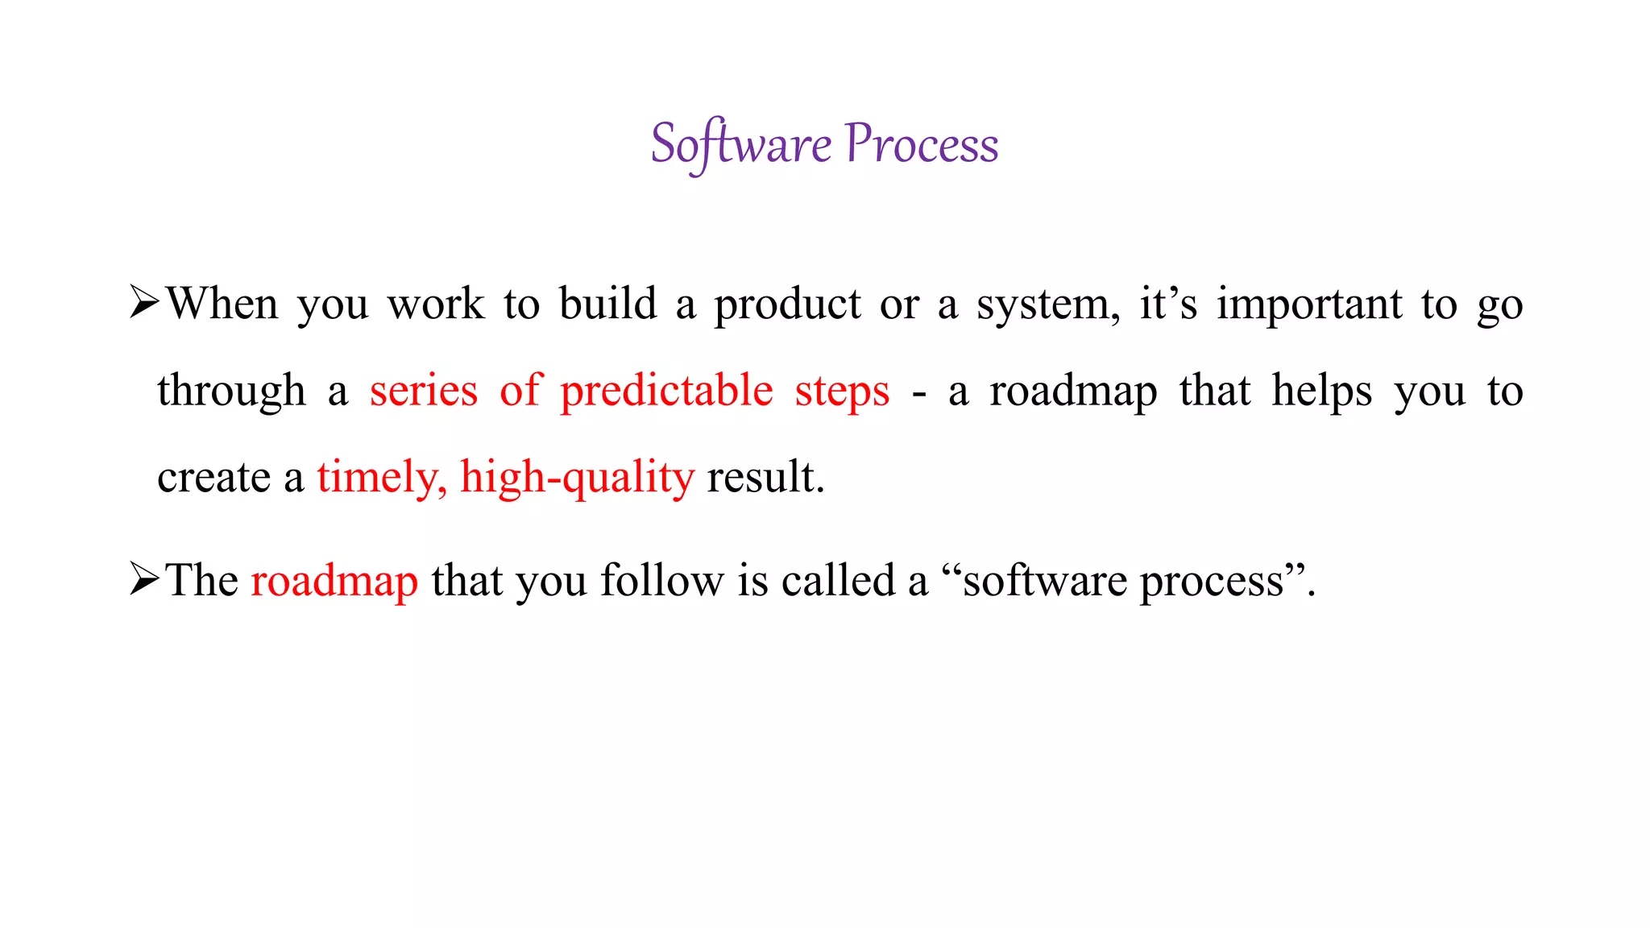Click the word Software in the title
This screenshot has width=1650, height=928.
[740, 145]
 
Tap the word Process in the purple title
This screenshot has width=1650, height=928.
[922, 145]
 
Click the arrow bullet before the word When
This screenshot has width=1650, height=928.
[146, 303]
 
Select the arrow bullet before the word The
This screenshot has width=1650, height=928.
[146, 579]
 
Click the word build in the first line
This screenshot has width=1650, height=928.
[608, 304]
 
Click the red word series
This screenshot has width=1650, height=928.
[424, 391]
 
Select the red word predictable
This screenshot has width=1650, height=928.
[666, 391]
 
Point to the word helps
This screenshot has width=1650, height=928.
[1321, 391]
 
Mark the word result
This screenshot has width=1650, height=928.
[765, 477]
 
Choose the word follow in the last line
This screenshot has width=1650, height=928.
[662, 580]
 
